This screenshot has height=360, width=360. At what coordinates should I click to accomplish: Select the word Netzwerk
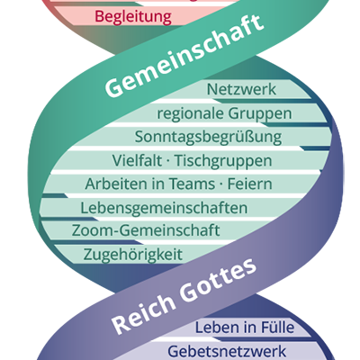tap(241, 91)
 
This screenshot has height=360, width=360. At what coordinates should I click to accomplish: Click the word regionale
tap(190, 114)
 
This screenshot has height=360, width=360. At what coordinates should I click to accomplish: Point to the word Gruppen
tap(259, 114)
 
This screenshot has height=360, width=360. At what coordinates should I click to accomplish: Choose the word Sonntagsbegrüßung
tap(208, 138)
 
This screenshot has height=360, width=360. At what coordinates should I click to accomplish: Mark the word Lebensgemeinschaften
tap(164, 208)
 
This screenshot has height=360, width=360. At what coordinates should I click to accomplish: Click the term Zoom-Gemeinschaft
tap(146, 231)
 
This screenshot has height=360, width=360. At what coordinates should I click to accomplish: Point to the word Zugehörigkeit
tap(132, 255)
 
